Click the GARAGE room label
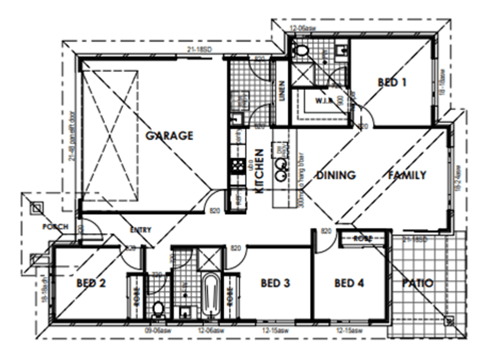(x=169, y=136)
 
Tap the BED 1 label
(x=392, y=83)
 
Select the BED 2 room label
(x=92, y=283)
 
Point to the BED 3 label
(x=275, y=283)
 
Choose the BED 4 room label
(x=349, y=283)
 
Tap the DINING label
(x=336, y=176)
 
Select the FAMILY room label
(x=407, y=176)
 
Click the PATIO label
(x=418, y=284)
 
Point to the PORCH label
(x=55, y=227)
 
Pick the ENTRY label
(x=141, y=230)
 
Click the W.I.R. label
(x=324, y=100)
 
